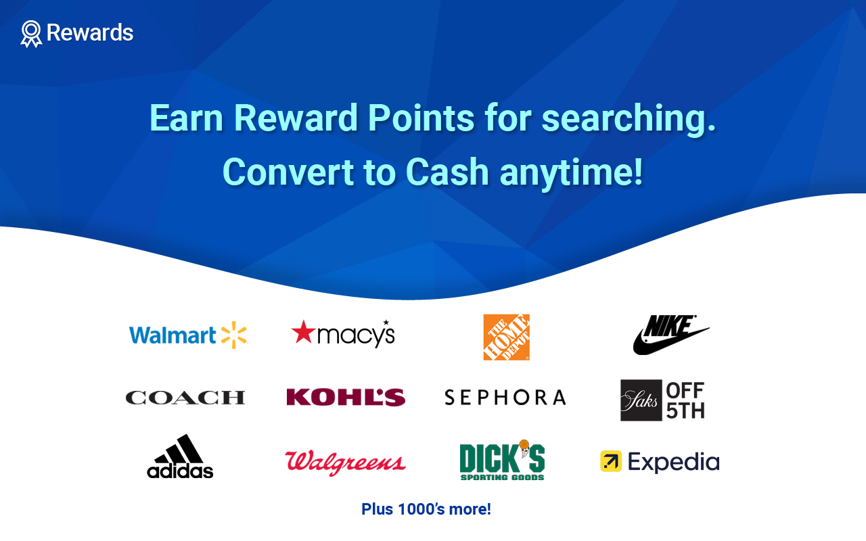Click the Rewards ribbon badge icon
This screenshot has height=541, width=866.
pyautogui.click(x=31, y=34)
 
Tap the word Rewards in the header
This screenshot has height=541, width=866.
pyautogui.click(x=90, y=32)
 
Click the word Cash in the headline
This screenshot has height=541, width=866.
pyautogui.click(x=447, y=172)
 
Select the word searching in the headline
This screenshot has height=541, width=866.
pyautogui.click(x=629, y=119)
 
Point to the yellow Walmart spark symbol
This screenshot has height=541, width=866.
pyautogui.click(x=234, y=335)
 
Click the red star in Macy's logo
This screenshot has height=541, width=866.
pyautogui.click(x=303, y=331)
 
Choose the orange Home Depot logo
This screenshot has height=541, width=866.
pyautogui.click(x=507, y=337)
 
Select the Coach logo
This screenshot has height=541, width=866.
pyautogui.click(x=185, y=398)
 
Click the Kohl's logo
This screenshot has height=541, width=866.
pyautogui.click(x=346, y=397)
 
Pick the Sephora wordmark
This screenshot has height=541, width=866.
pyautogui.click(x=505, y=398)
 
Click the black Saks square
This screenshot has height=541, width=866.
pyautogui.click(x=641, y=400)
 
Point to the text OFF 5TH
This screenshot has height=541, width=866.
pyautogui.click(x=685, y=400)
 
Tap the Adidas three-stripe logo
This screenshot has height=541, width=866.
pyautogui.click(x=180, y=456)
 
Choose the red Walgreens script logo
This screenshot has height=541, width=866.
pyautogui.click(x=345, y=463)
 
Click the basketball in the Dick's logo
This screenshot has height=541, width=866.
pyautogui.click(x=524, y=444)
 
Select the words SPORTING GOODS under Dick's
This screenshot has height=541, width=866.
pyautogui.click(x=502, y=477)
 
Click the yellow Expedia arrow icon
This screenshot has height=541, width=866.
pyautogui.click(x=611, y=461)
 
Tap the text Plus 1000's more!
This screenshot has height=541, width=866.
pyautogui.click(x=426, y=509)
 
